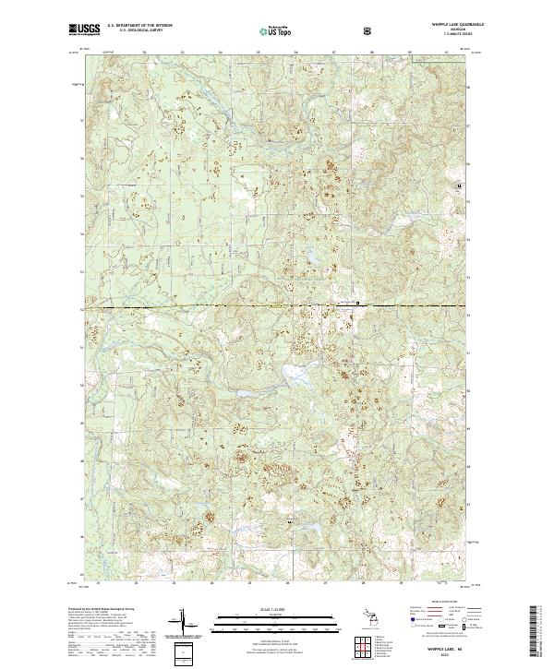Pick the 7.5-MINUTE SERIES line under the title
[x=452, y=35]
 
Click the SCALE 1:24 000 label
[x=276, y=607]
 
